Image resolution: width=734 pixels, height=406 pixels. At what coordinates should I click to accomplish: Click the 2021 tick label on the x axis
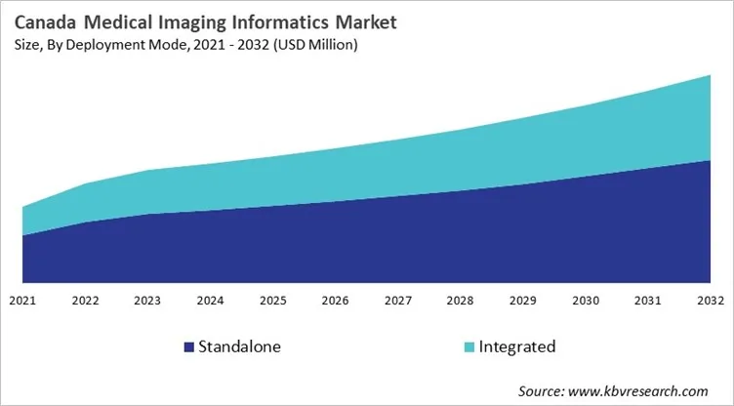[x=22, y=301]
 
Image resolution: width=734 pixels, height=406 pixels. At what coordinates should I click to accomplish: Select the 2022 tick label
[x=85, y=301]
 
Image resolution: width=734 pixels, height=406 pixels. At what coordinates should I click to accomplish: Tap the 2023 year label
[x=147, y=301]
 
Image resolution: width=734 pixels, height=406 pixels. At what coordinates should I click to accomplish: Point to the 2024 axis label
[x=210, y=301]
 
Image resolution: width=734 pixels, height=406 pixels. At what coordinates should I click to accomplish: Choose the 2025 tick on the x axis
[x=272, y=301]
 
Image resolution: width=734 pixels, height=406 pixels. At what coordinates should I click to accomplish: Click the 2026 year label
[x=335, y=301]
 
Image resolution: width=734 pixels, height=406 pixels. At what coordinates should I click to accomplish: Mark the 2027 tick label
[x=397, y=301]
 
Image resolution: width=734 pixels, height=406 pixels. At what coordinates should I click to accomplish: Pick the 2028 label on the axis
[x=460, y=301]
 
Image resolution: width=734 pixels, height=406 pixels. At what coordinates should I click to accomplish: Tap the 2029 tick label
[x=522, y=301]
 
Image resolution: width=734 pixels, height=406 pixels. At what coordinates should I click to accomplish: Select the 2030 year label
[x=585, y=301]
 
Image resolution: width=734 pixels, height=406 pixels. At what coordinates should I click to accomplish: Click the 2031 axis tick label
[x=647, y=301]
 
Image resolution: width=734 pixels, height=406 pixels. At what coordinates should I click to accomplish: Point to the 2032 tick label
[x=710, y=301]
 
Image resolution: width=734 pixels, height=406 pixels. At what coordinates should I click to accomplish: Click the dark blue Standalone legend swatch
[x=187, y=347]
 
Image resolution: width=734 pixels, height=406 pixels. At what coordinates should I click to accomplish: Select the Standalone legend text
[x=239, y=346]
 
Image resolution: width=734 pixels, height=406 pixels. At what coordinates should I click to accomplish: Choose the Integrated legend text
[x=517, y=346]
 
